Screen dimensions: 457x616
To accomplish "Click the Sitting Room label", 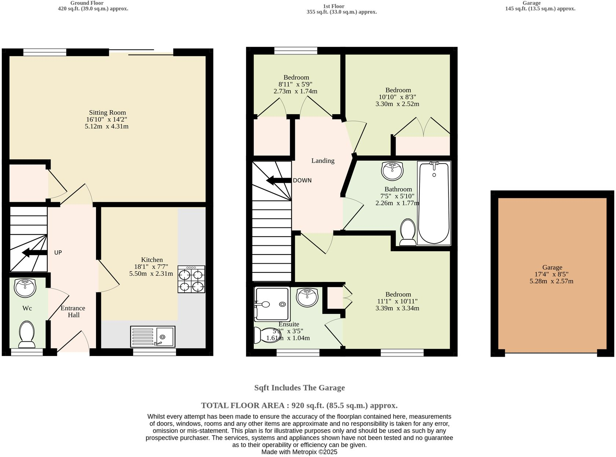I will [107, 112].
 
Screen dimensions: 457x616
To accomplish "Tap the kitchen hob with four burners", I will [191, 279].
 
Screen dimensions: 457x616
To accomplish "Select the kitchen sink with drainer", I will [153, 336].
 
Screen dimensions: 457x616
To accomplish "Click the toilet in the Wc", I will [26, 334].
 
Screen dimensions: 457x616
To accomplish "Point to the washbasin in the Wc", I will [25, 287].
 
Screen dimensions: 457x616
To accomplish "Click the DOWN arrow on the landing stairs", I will [278, 180].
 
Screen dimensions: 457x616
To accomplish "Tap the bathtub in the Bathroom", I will [434, 203].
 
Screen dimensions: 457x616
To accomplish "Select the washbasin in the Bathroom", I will [392, 171].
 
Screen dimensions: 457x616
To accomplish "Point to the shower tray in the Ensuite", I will [272, 304].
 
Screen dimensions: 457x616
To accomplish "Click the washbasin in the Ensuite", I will [307, 297].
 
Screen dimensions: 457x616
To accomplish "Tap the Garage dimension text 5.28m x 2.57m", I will [551, 281].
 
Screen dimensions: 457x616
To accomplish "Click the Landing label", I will [323, 160].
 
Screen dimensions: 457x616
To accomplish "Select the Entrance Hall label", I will [73, 311].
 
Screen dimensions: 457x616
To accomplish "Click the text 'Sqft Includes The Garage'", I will [299, 387].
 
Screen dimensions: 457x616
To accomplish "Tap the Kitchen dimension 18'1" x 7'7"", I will [152, 267].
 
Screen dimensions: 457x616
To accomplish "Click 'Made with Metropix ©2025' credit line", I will [299, 452].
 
